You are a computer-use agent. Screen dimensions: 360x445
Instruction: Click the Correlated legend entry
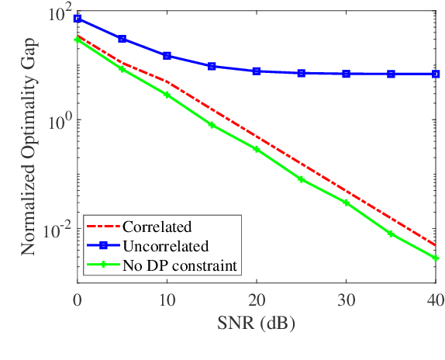[x=157, y=227]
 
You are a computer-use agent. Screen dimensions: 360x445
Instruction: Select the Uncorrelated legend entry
[x=165, y=247]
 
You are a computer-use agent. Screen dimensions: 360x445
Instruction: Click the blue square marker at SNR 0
[x=78, y=18]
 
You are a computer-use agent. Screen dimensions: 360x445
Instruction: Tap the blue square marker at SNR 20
[x=257, y=71]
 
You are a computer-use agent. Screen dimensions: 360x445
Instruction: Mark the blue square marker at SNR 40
[x=435, y=74]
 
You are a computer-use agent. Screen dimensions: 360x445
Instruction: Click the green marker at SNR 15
[x=212, y=125]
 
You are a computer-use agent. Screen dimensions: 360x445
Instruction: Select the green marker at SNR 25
[x=302, y=179]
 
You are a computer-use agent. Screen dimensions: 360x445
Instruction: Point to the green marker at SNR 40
[x=435, y=258]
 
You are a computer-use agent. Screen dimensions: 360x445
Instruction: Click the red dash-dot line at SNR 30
[x=346, y=191]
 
